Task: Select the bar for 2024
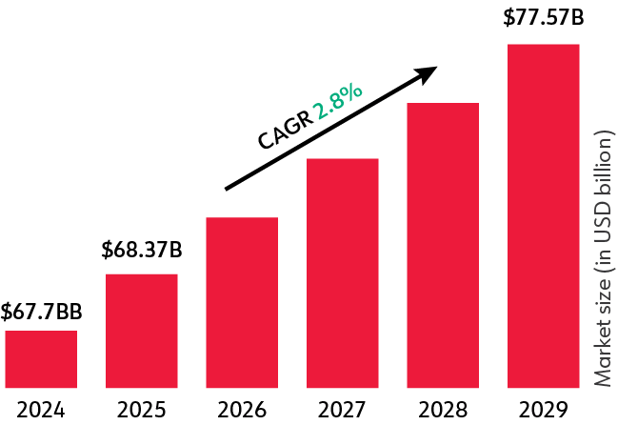click(41, 359)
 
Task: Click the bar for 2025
click(141, 331)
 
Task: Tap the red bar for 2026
click(242, 302)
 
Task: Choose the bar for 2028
click(443, 245)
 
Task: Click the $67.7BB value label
click(41, 312)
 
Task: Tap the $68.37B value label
click(141, 253)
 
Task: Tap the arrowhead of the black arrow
click(429, 72)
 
